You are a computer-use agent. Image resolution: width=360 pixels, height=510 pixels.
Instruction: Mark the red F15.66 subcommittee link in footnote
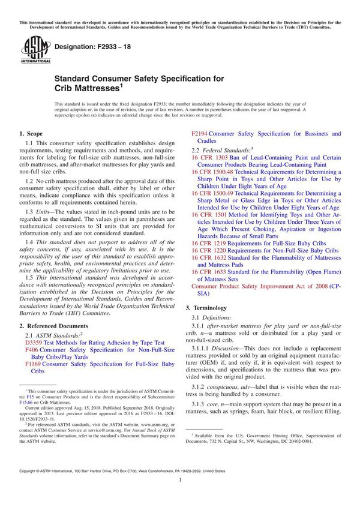pos(26,403)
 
